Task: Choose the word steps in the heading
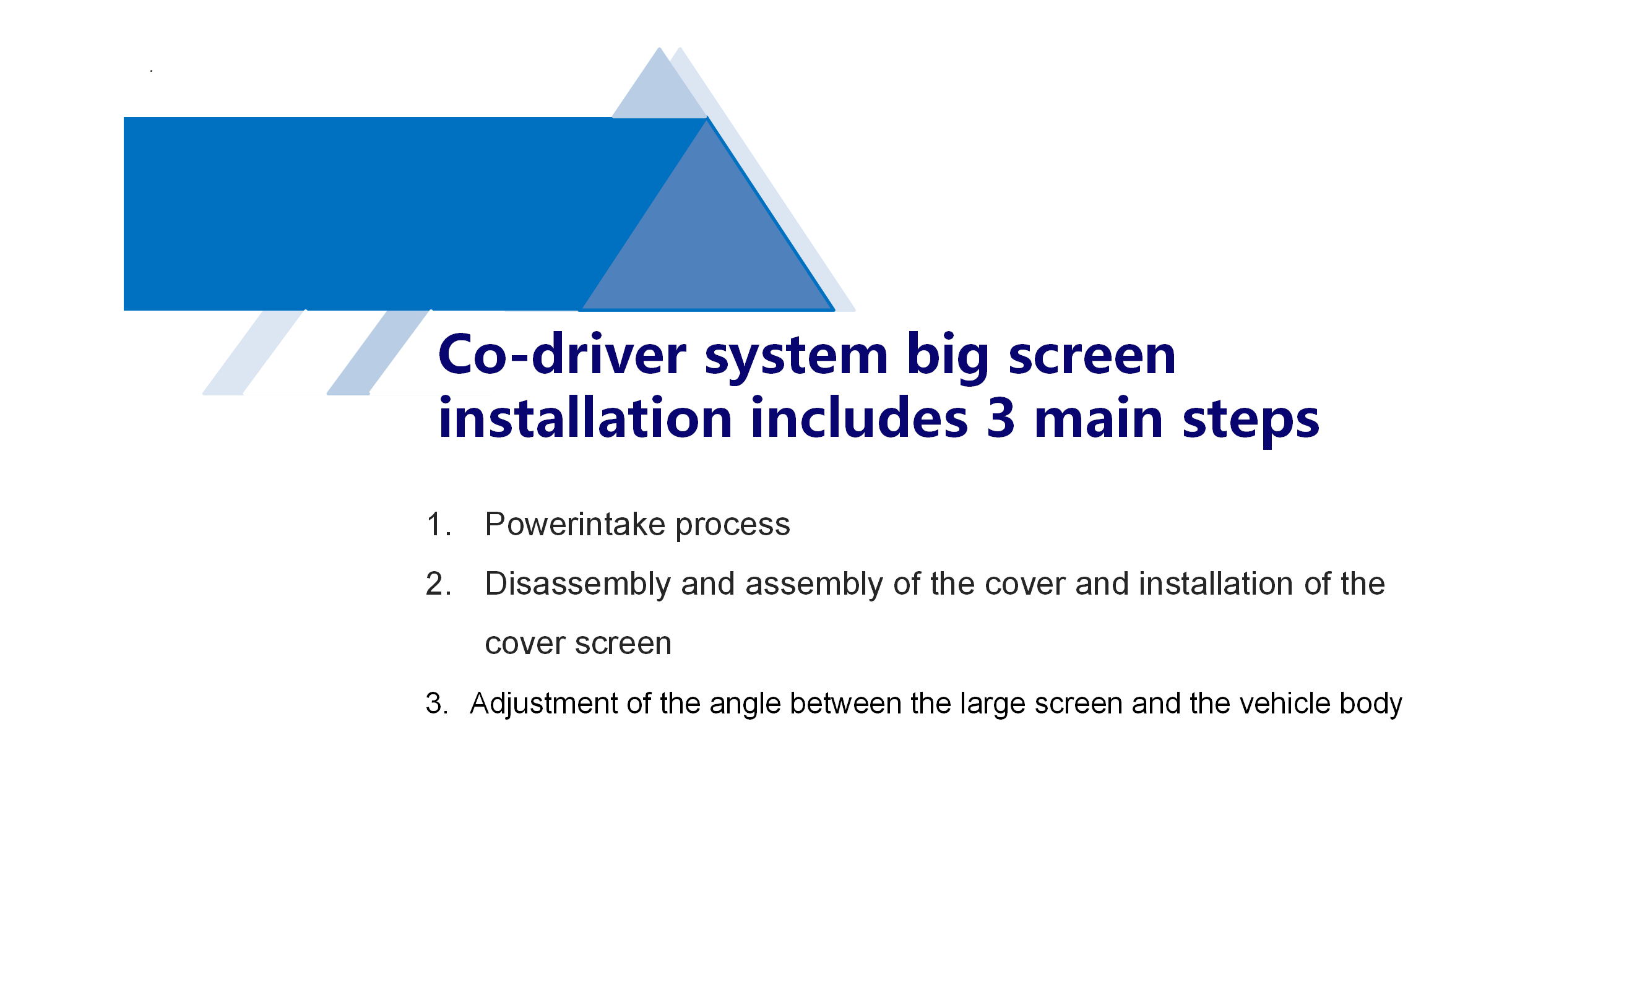[x=1250, y=421]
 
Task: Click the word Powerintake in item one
[x=574, y=524]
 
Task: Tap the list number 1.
[x=438, y=524]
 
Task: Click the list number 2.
[x=438, y=584]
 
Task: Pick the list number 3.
[x=437, y=704]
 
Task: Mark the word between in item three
[x=845, y=704]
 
